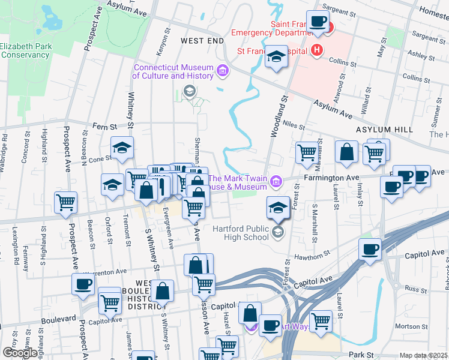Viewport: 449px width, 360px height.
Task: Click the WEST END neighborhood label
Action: (x=202, y=40)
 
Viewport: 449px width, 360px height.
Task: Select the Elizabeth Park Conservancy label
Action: (x=25, y=50)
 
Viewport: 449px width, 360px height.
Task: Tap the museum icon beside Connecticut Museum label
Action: (x=223, y=71)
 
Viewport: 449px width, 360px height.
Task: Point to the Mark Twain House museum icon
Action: (x=276, y=180)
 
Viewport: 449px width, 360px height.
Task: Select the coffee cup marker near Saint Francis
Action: (x=318, y=22)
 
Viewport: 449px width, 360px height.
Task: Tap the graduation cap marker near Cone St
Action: (x=122, y=148)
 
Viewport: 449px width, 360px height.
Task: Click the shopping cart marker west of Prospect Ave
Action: (x=66, y=202)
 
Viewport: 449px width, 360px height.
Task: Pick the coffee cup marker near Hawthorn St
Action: (x=370, y=248)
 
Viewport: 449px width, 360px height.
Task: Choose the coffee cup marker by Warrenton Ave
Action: (x=83, y=284)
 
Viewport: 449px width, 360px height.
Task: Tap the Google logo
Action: (x=20, y=353)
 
